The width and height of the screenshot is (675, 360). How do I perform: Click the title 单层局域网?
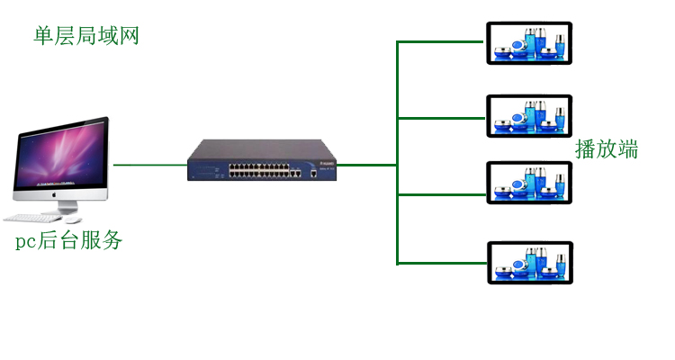pyautogui.click(x=86, y=36)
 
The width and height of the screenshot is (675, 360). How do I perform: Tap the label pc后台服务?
pyautogui.click(x=68, y=241)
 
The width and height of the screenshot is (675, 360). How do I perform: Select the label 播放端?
pyautogui.click(x=607, y=148)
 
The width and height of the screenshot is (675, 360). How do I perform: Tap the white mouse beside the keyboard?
pyautogui.click(x=74, y=220)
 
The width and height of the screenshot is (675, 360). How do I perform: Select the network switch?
pyautogui.click(x=261, y=160)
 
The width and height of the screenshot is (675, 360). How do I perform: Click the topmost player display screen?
pyautogui.click(x=529, y=43)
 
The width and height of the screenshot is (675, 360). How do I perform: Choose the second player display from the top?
pyautogui.click(x=529, y=116)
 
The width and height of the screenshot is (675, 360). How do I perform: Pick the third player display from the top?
pyautogui.click(x=529, y=183)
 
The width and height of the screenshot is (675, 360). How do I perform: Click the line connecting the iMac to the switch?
pyautogui.click(x=150, y=165)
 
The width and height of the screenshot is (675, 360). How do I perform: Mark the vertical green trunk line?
pyautogui.click(x=397, y=216)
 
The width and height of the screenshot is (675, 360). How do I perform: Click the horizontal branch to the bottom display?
pyautogui.click(x=441, y=263)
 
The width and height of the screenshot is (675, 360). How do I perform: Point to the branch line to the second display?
pyautogui.click(x=441, y=117)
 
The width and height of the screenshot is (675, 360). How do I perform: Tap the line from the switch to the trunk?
pyautogui.click(x=366, y=165)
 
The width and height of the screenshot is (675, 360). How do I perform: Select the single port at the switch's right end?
pyautogui.click(x=314, y=170)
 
